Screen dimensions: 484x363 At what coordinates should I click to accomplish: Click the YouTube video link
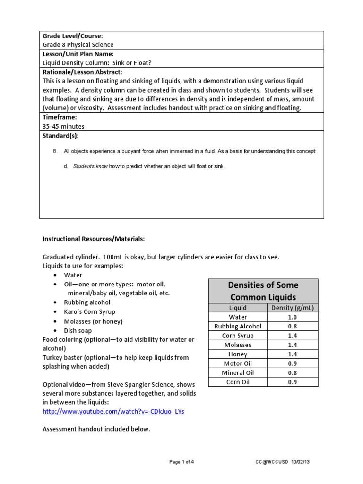point(113,411)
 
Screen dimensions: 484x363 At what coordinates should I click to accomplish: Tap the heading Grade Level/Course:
point(72,36)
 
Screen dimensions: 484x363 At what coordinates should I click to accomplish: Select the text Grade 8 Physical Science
point(78,45)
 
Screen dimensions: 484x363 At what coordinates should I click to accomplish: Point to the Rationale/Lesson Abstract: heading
point(82,72)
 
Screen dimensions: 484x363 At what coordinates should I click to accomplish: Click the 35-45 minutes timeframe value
point(63,126)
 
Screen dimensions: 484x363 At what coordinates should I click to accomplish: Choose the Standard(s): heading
point(60,136)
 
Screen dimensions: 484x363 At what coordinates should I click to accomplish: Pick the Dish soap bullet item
point(78,331)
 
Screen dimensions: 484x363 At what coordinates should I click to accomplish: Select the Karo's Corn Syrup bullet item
point(89,312)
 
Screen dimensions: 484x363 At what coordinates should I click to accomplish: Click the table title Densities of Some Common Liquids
point(263,291)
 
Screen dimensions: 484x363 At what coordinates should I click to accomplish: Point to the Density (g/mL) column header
point(293,308)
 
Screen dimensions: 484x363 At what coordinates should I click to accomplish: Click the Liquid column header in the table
point(238,308)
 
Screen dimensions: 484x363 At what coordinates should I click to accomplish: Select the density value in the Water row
point(293,317)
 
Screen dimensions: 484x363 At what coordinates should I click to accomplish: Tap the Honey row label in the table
point(238,354)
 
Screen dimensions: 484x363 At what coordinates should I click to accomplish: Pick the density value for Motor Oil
point(293,363)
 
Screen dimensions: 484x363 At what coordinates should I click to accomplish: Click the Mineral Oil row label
point(238,372)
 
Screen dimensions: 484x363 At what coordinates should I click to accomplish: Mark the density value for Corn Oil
point(293,382)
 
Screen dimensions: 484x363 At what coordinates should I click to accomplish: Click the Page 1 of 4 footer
point(181,462)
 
